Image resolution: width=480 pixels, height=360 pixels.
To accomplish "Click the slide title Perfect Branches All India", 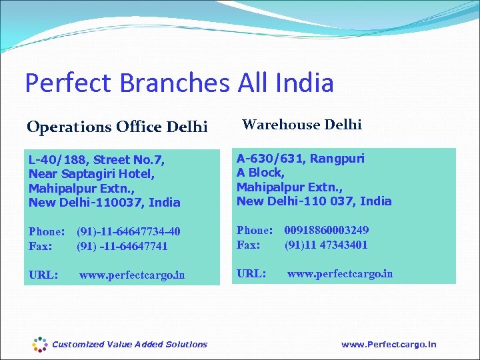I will [179, 83].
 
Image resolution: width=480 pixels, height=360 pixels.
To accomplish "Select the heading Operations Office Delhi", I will [117, 126].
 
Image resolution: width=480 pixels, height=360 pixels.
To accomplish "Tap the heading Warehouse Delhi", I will [301, 124].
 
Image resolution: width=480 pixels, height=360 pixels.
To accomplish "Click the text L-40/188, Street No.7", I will [96, 160].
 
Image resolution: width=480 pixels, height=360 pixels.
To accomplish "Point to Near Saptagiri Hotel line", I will [92, 174].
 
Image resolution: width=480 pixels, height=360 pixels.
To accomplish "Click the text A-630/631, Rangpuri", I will [301, 159].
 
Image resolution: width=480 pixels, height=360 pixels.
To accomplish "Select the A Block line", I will [261, 173].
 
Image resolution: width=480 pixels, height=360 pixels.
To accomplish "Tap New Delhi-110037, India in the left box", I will [104, 202].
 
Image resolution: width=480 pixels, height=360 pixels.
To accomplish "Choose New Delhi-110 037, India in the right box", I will [314, 201].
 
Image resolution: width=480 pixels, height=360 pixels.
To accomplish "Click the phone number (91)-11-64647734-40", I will [129, 232].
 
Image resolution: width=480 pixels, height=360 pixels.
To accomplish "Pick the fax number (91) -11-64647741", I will [122, 246].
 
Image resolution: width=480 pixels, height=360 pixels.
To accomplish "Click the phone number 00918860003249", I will [327, 230].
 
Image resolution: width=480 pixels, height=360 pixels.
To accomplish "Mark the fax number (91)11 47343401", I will [326, 245].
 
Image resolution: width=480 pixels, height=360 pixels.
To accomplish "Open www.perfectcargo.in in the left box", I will [132, 275].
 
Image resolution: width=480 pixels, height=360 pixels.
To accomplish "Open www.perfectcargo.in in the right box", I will [340, 273].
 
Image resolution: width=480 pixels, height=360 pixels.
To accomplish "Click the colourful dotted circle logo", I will [40, 344].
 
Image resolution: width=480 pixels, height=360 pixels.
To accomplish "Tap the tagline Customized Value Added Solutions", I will [129, 345].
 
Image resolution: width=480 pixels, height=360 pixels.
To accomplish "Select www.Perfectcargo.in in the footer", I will [389, 345].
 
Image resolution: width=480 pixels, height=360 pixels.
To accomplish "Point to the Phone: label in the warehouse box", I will [255, 230].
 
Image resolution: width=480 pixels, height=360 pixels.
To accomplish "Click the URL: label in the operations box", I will [43, 275].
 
